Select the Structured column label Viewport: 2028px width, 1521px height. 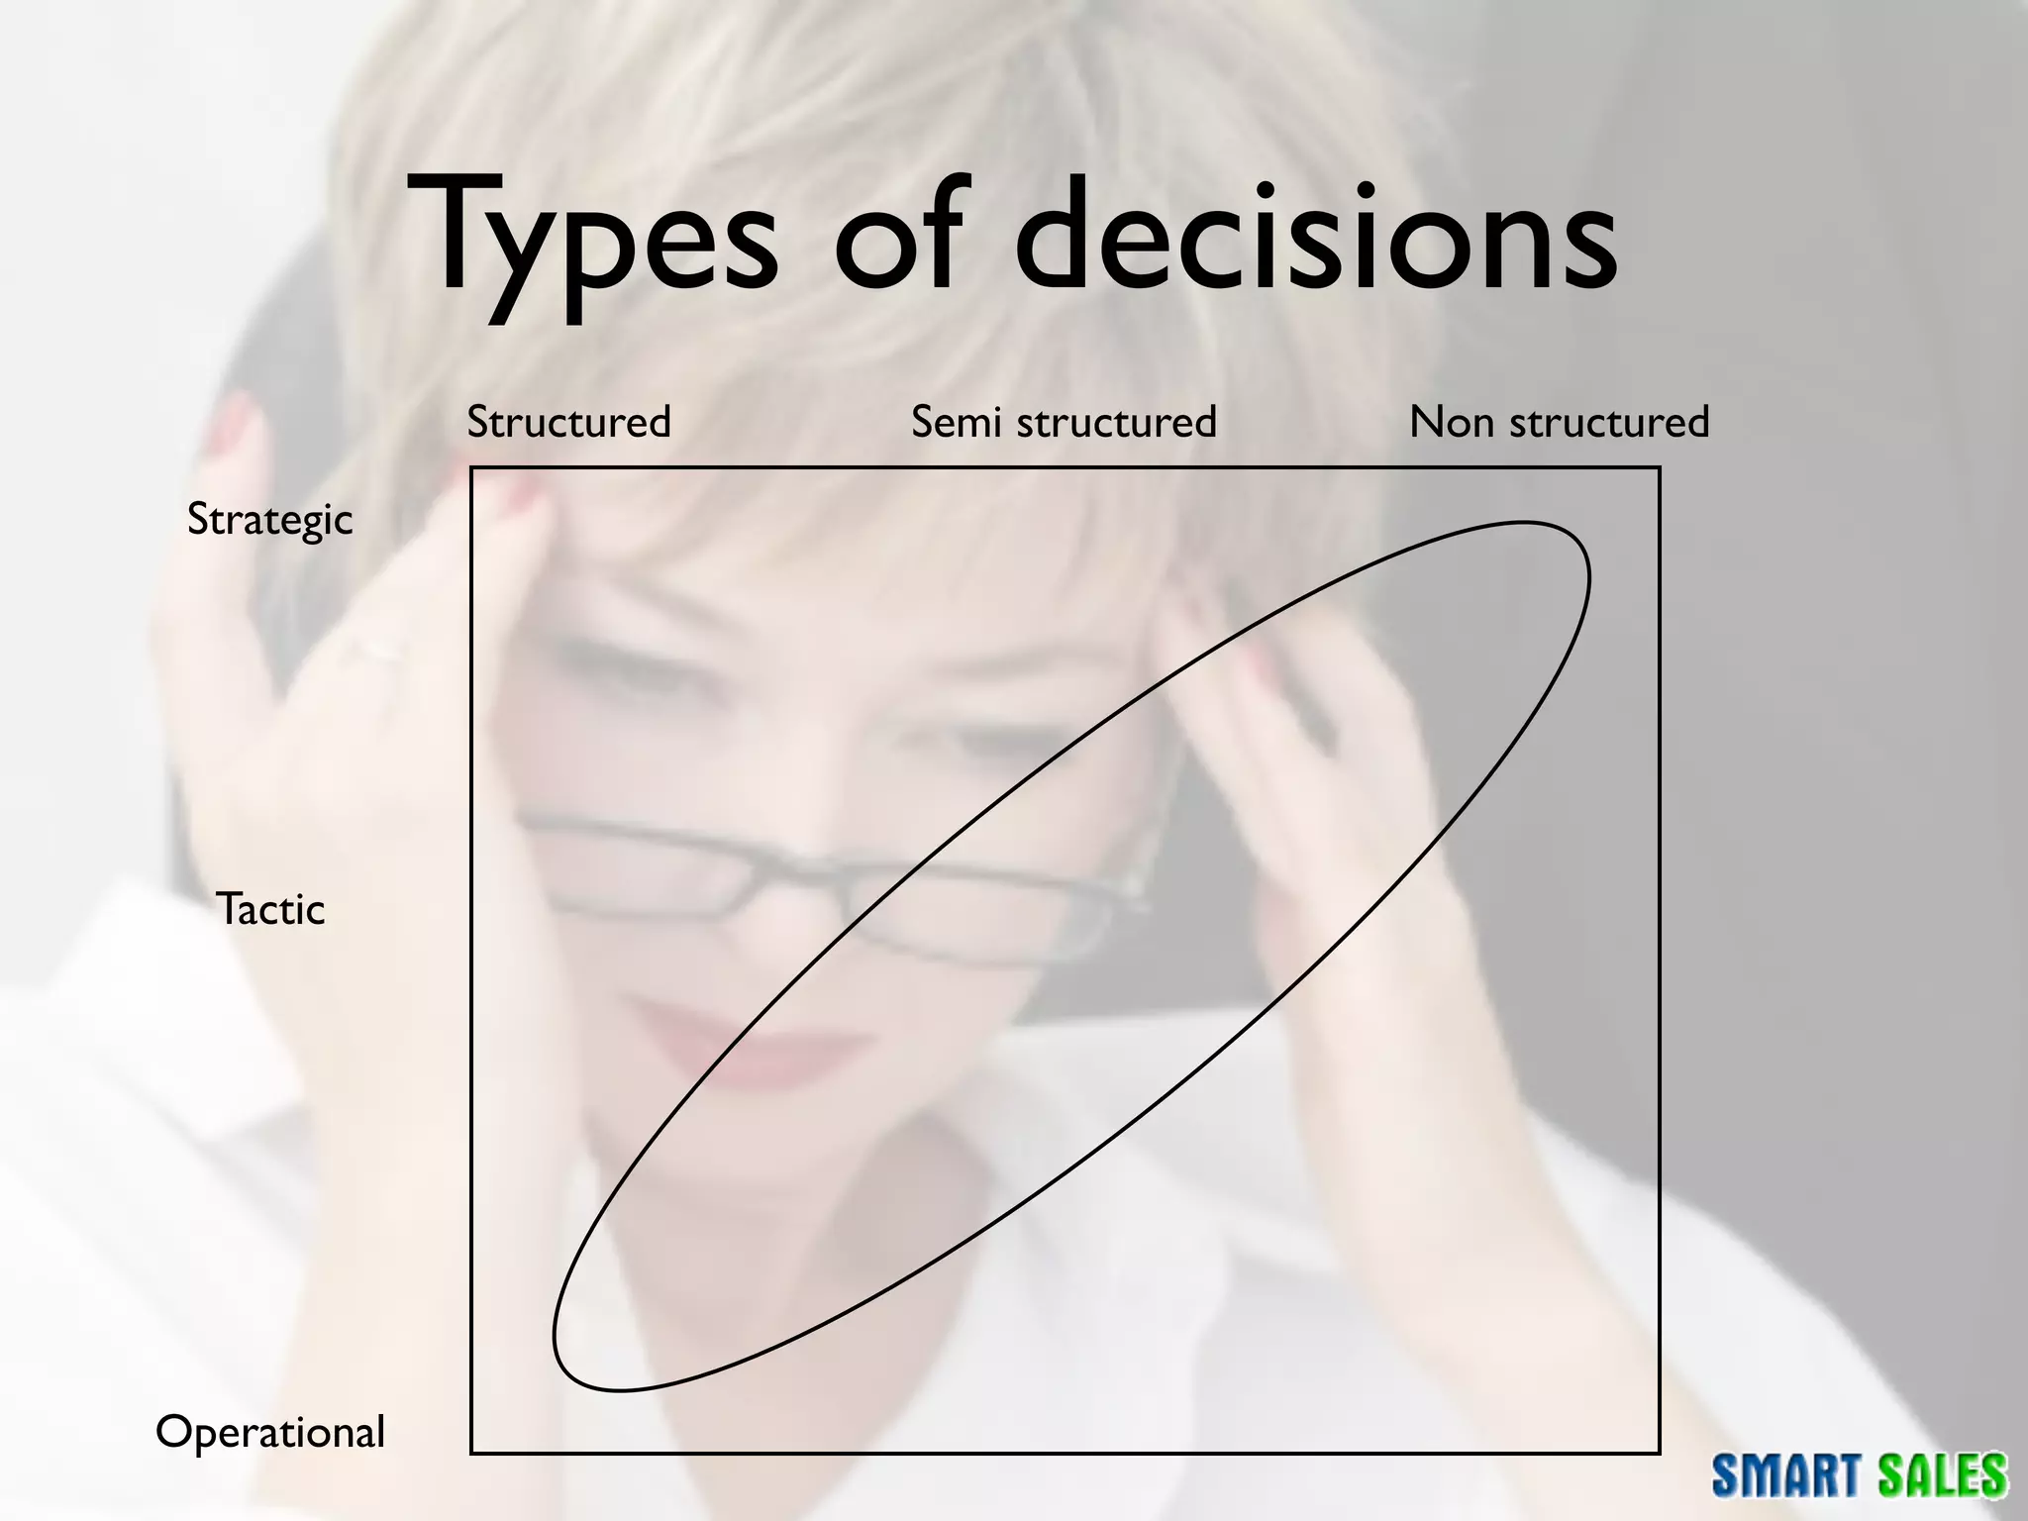[568, 422]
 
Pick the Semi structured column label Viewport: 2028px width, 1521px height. [1064, 422]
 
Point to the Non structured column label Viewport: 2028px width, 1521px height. [1559, 422]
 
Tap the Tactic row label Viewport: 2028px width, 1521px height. [270, 909]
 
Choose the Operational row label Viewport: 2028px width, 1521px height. [270, 1432]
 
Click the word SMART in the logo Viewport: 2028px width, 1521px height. [1774, 1475]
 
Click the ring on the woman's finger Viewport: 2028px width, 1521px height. [376, 649]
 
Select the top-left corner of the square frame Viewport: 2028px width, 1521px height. [471, 467]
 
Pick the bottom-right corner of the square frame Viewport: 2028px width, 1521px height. [1659, 1453]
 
